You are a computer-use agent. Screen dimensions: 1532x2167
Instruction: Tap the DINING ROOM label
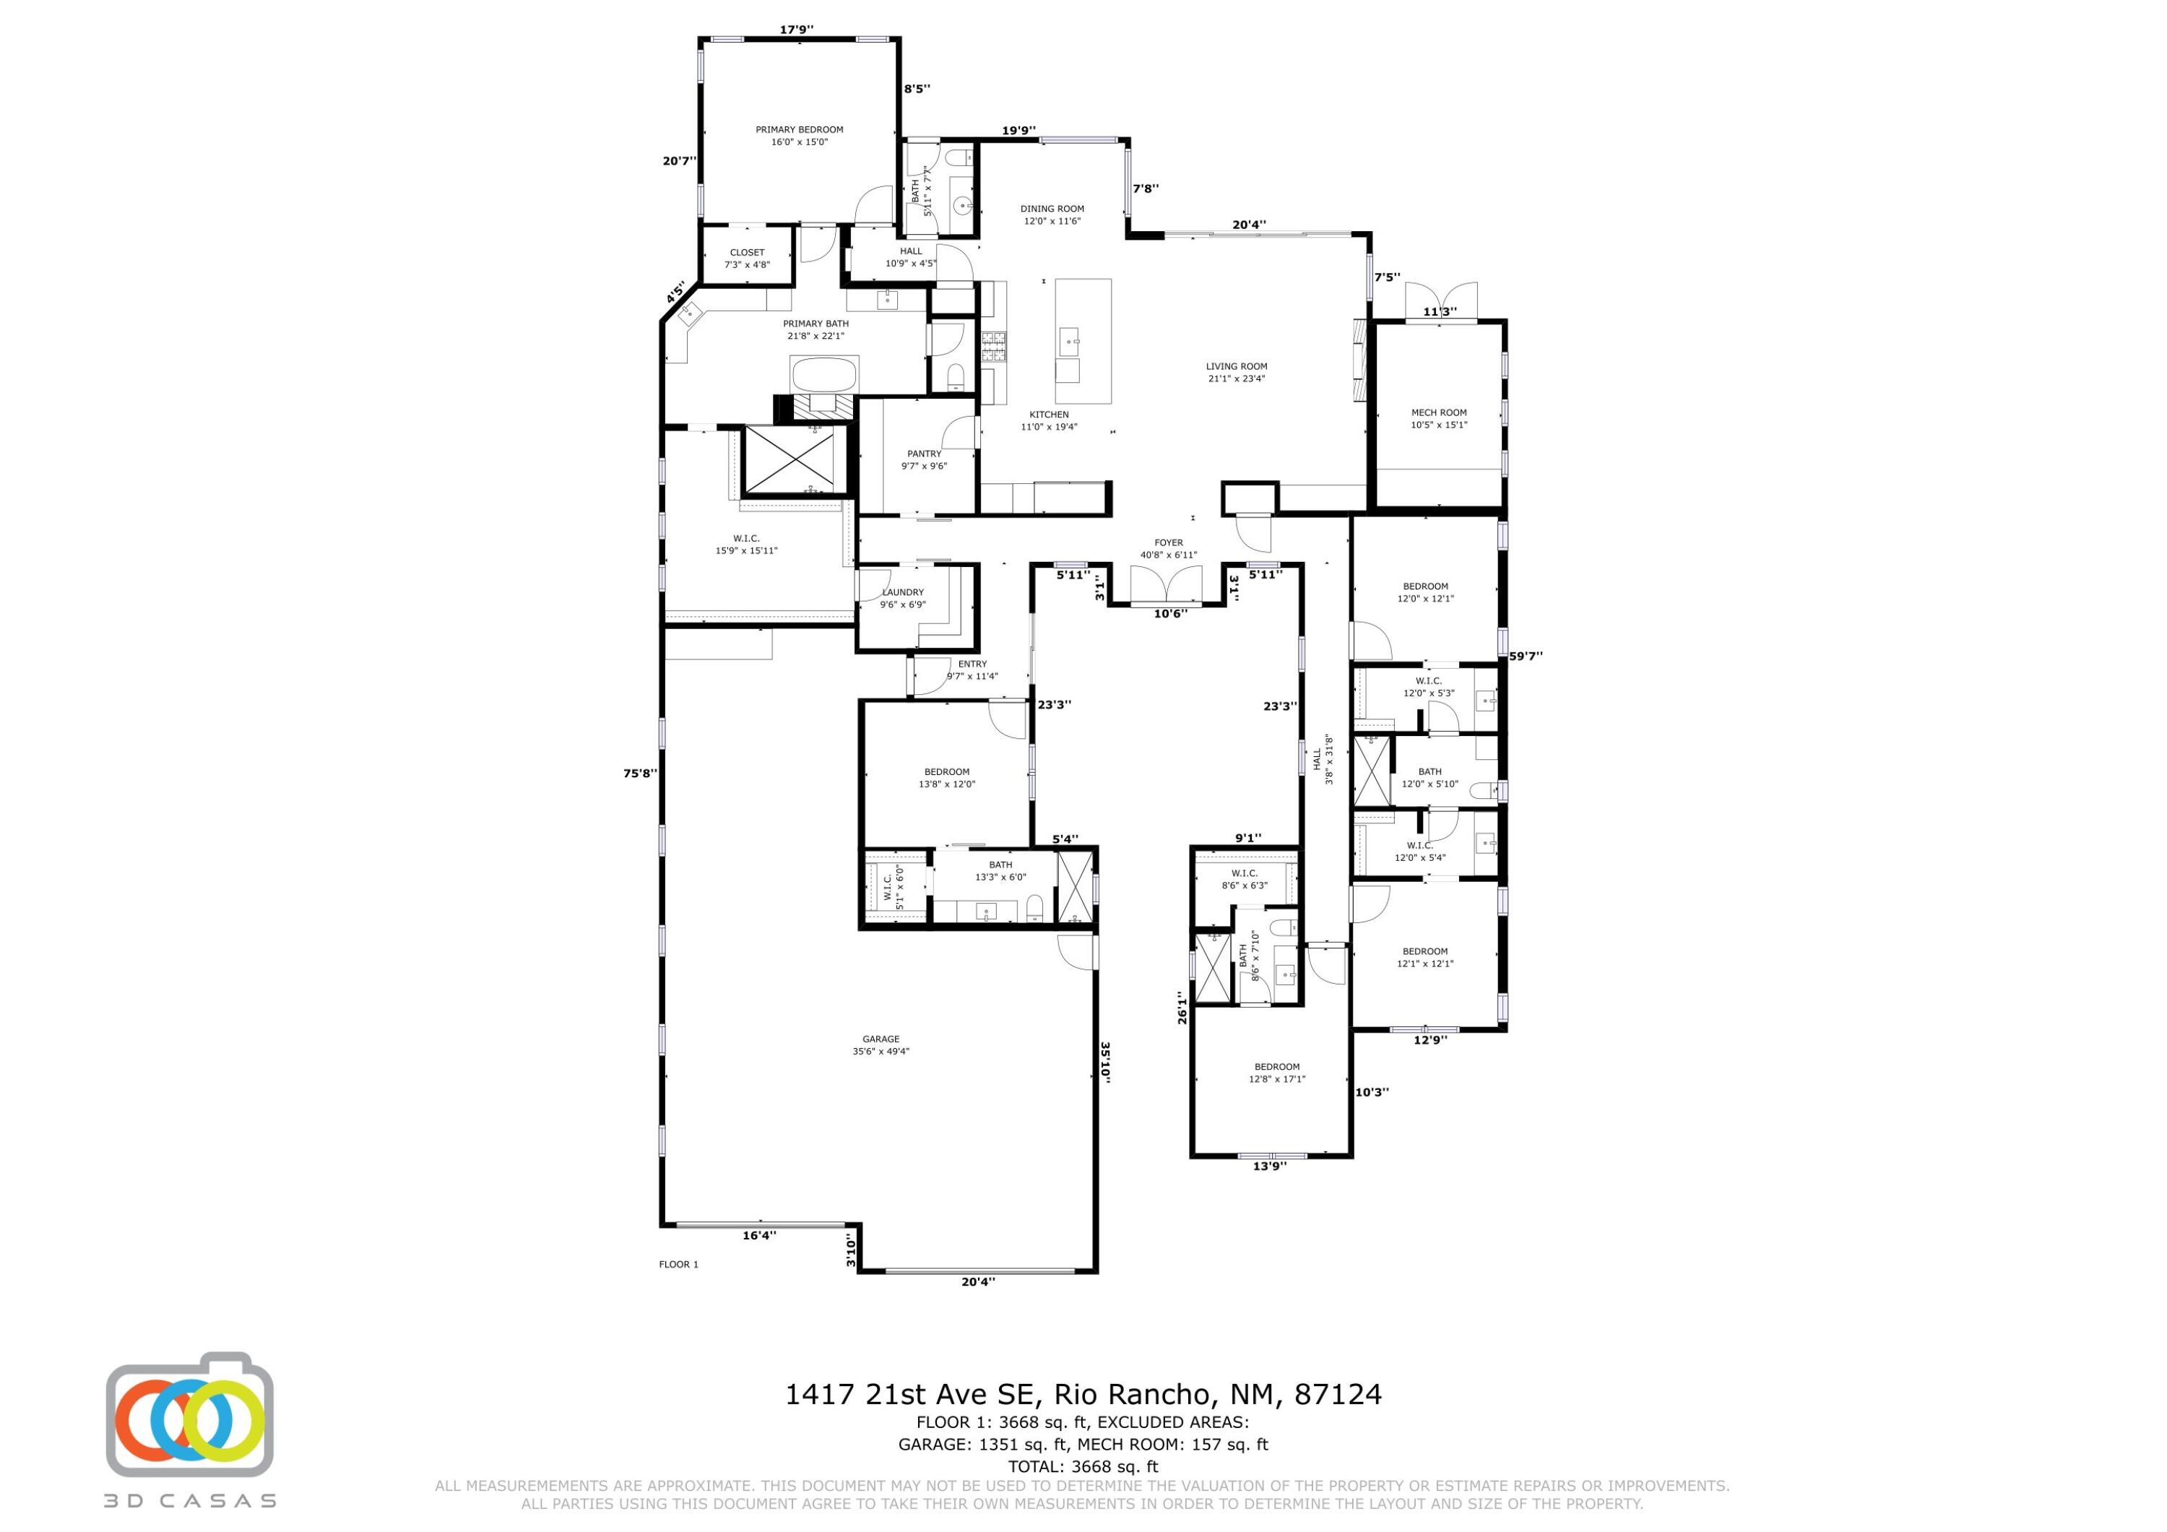point(1052,209)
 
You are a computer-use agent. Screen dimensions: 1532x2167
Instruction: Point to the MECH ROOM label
point(1438,412)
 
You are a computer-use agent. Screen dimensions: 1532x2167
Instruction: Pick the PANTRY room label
point(924,454)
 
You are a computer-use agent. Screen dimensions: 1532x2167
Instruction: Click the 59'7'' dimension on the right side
point(1525,656)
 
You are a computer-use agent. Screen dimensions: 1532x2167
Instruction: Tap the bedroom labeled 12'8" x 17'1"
point(1276,1073)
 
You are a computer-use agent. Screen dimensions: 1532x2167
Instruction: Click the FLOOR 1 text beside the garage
point(678,1264)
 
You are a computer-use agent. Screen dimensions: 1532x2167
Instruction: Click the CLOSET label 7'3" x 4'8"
point(747,253)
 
